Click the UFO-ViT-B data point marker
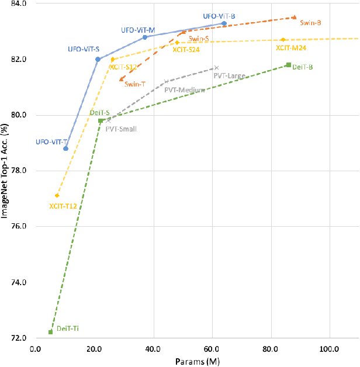click(x=224, y=23)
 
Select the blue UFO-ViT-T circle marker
click(x=65, y=148)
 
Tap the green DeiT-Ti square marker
click(x=51, y=332)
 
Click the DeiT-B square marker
click(x=288, y=65)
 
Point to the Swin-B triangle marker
click(x=294, y=18)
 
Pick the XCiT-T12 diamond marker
click(x=57, y=196)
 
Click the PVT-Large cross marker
click(x=216, y=68)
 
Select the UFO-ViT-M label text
click(x=138, y=30)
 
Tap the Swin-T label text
click(x=135, y=84)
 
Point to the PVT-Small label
click(x=121, y=129)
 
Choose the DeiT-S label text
click(x=99, y=112)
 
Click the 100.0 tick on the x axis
click(x=330, y=349)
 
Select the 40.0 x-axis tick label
click(x=153, y=349)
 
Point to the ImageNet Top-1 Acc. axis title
click(x=7, y=171)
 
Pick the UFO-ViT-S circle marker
click(x=98, y=59)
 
